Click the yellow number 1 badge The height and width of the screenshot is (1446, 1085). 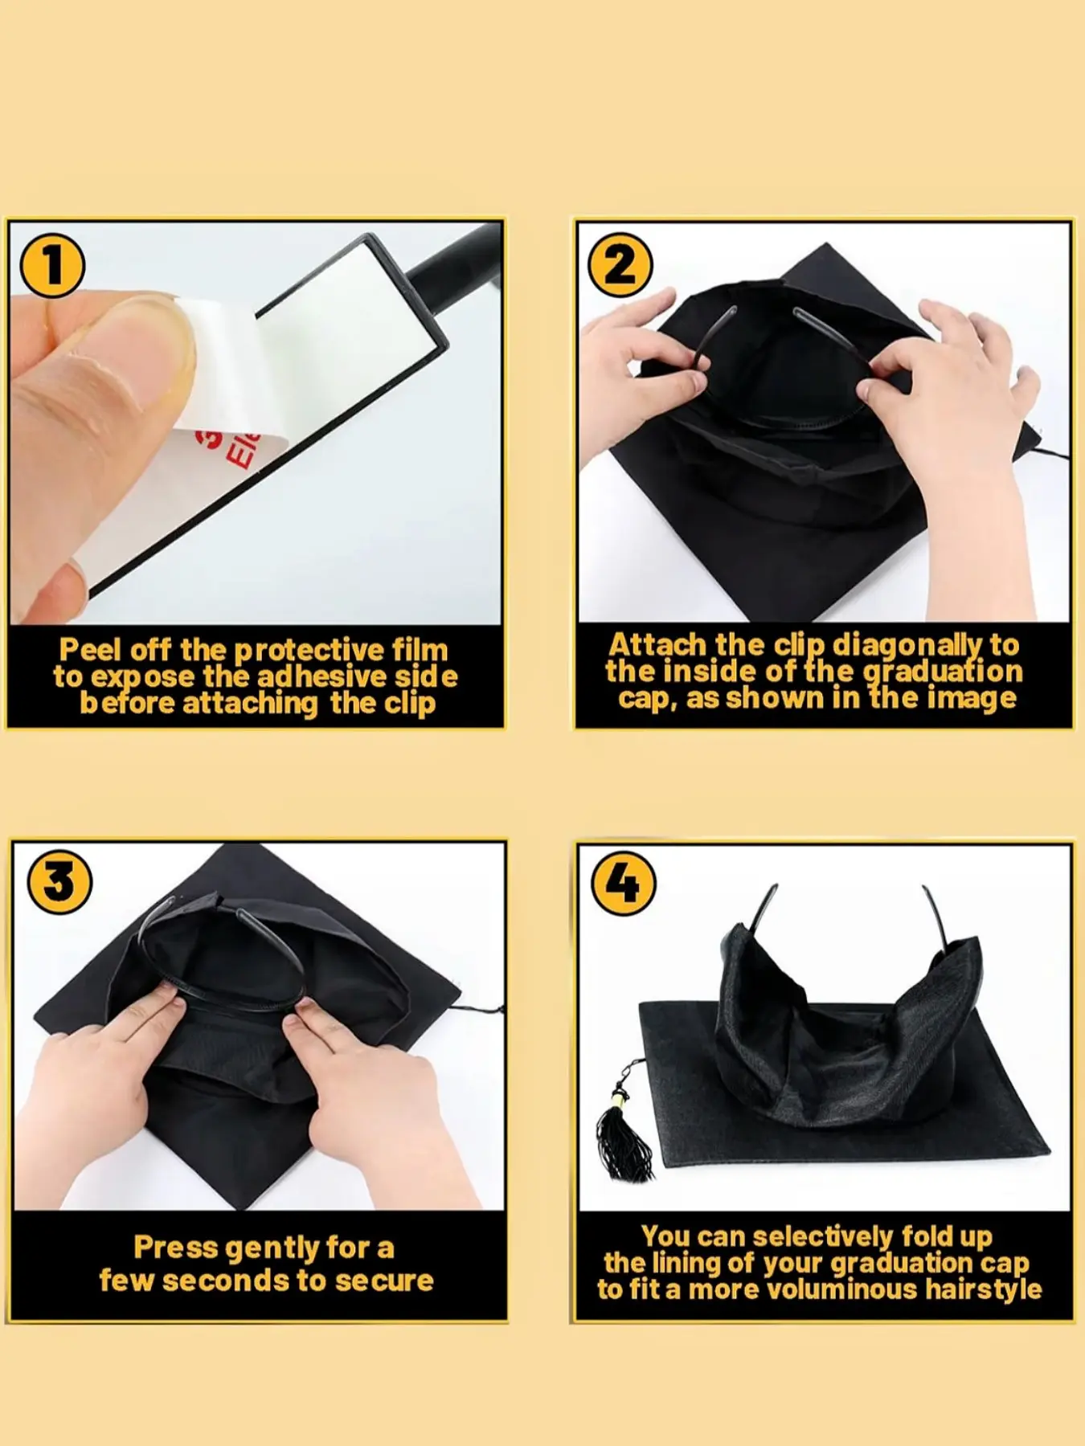pyautogui.click(x=52, y=264)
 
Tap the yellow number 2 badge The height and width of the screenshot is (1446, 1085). pyautogui.click(x=619, y=263)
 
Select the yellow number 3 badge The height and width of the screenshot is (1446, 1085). pyautogui.click(x=59, y=882)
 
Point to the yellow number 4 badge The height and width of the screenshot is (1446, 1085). pyautogui.click(x=624, y=883)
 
